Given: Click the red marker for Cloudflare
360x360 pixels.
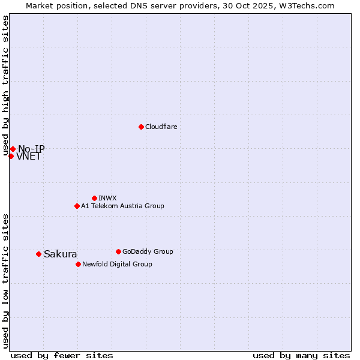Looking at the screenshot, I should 141,127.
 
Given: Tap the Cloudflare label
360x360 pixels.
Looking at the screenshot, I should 161,127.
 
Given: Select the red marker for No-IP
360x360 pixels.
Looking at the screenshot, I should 13,149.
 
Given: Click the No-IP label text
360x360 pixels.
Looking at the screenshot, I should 31,149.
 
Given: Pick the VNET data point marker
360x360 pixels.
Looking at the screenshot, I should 11,156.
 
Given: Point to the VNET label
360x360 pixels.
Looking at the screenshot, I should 29,157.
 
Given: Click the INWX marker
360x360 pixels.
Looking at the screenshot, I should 94,198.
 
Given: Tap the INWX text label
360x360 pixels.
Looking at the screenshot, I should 107,198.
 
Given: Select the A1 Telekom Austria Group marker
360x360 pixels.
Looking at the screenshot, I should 77,206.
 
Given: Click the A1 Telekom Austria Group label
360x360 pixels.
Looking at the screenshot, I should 122,206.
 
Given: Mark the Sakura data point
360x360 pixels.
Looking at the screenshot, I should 38,254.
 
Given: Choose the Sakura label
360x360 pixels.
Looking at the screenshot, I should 60,254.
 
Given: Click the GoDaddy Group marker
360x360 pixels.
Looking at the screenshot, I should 118,251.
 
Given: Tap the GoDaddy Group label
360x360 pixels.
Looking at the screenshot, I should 148,251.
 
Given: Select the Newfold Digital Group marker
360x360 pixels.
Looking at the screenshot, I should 78,264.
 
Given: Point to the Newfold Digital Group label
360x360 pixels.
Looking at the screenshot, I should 117,264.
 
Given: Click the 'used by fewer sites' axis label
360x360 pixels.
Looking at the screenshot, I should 62,355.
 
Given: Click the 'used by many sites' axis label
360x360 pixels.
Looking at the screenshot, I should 301,355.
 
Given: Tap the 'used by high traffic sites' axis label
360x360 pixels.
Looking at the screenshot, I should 6,85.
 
